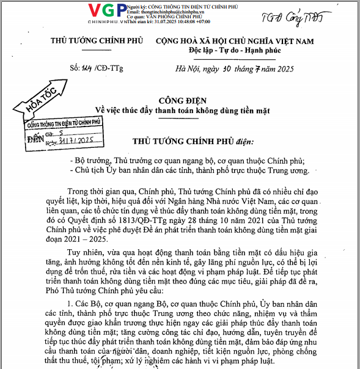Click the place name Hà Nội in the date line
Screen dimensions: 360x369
[x=187, y=67]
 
